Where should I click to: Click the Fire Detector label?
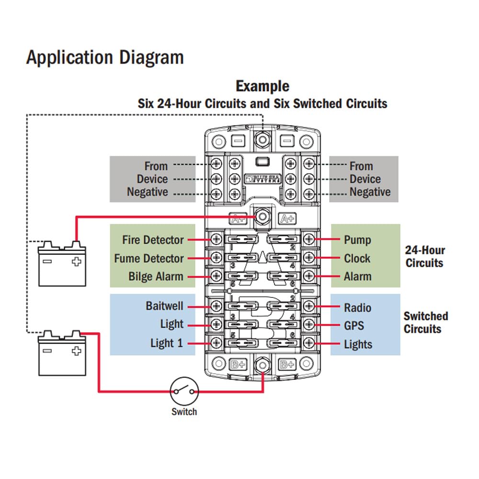153,239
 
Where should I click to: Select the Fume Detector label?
148,258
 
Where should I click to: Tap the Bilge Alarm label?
156,276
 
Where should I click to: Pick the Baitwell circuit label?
164,306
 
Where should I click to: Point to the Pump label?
357,239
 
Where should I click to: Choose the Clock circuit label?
357,258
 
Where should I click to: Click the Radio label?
358,308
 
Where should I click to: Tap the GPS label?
354,326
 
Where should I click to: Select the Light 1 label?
166,343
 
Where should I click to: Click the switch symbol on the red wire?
184,391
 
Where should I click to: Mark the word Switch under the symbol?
184,411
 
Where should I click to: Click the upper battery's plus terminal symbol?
76,262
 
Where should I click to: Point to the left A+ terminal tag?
238,218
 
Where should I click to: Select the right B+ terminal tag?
287,364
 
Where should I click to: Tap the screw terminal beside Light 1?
216,343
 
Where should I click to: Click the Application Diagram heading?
105,57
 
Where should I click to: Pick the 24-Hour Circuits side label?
425,256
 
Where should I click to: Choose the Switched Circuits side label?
425,322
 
